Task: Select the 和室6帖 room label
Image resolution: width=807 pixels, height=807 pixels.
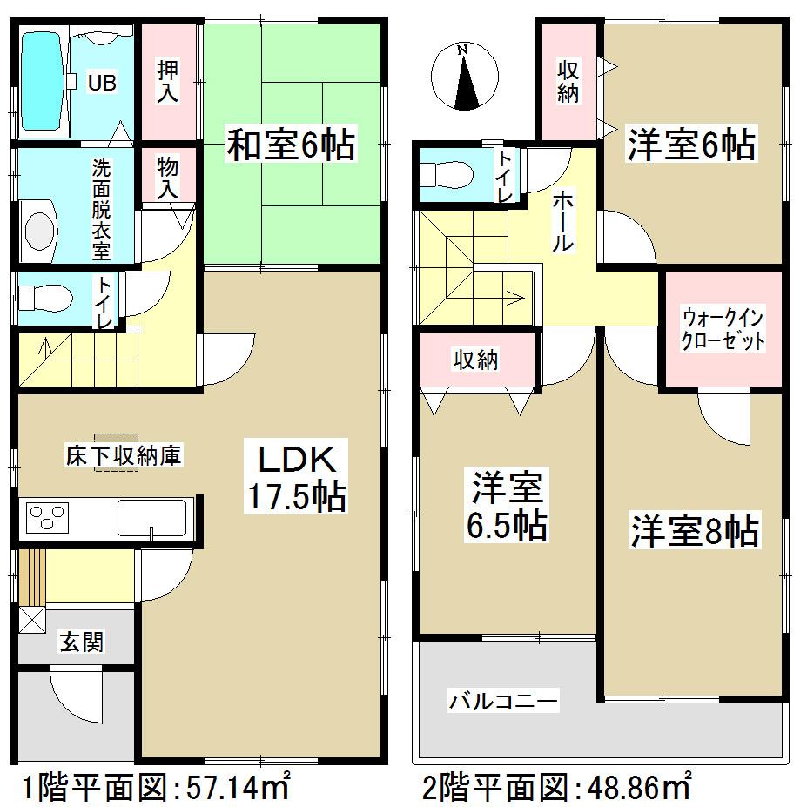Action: pos(291,145)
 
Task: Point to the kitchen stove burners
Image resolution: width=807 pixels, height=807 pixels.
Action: pos(49,519)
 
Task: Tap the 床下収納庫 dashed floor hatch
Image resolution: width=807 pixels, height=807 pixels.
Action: pos(117,453)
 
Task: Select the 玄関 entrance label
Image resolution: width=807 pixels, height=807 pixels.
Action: pos(82,642)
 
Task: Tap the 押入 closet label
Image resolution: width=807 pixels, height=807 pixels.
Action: pos(168,82)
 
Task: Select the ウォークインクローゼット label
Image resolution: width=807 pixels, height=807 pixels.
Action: pos(723,328)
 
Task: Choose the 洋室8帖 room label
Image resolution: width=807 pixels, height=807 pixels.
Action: pos(694,530)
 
